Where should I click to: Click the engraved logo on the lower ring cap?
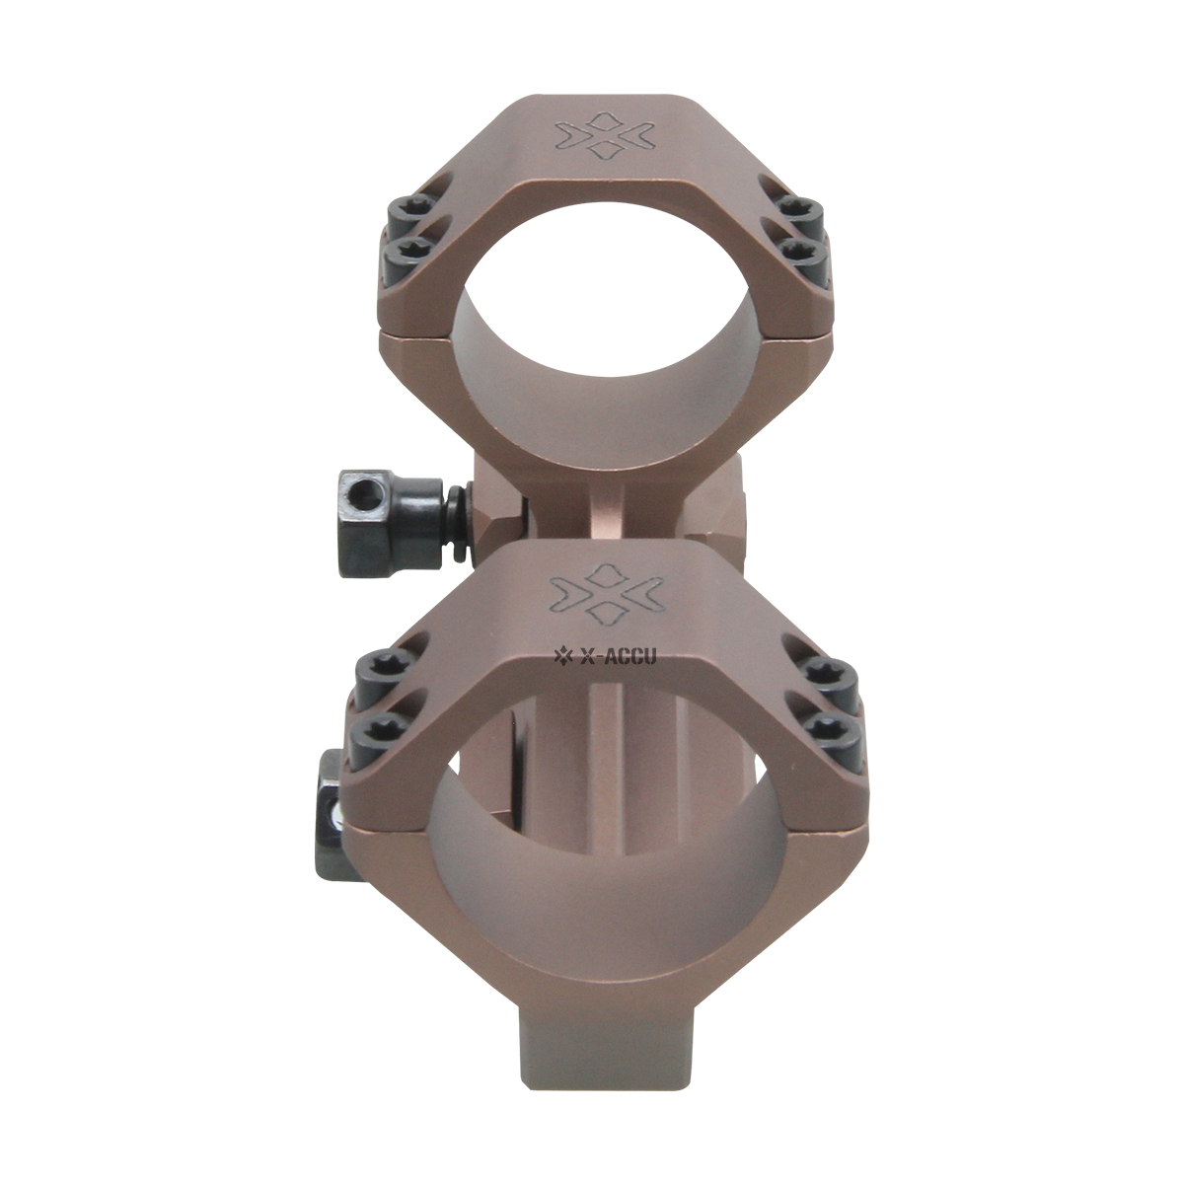click(607, 599)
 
